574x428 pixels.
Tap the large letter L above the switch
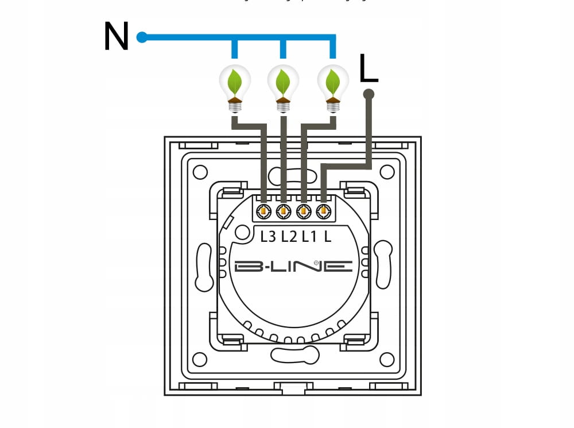click(x=369, y=69)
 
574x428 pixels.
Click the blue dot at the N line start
click(x=142, y=38)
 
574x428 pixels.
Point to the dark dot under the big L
click(x=369, y=94)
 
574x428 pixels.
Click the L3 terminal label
click(x=268, y=236)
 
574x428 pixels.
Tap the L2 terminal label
click(x=289, y=236)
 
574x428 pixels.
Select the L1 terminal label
click(x=309, y=236)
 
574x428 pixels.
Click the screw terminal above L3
click(x=264, y=212)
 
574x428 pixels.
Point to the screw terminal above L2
click(x=284, y=212)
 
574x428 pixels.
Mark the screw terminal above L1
click(x=304, y=212)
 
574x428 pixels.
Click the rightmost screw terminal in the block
click(x=323, y=212)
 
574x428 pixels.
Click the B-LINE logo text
click(x=293, y=266)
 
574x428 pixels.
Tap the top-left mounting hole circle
click(x=200, y=172)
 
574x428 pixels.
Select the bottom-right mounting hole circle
click(x=387, y=360)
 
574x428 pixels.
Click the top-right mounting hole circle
click(x=387, y=172)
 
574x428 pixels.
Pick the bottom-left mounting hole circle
click(x=200, y=360)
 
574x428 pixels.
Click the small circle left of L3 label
click(x=243, y=232)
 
